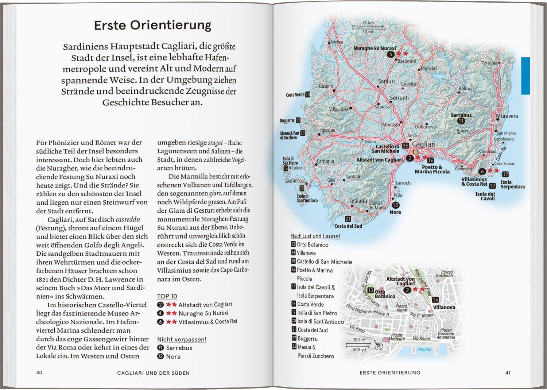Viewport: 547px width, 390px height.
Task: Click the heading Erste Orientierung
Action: pyautogui.click(x=152, y=25)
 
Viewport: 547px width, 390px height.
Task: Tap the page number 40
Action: pyautogui.click(x=39, y=372)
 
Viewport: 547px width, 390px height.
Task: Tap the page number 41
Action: pyautogui.click(x=508, y=372)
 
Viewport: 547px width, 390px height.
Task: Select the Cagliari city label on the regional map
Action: pyautogui.click(x=423, y=144)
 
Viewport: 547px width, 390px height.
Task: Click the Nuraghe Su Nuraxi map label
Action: pyautogui.click(x=375, y=48)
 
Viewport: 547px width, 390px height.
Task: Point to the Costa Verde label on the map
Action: pyautogui.click(x=295, y=95)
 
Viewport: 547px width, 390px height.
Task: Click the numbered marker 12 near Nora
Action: pyautogui.click(x=395, y=205)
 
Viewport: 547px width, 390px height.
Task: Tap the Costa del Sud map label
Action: pyautogui.click(x=348, y=226)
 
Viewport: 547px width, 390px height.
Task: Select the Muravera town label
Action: pyautogui.click(x=507, y=116)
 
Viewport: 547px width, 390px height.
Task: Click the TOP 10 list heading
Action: pyautogui.click(x=167, y=296)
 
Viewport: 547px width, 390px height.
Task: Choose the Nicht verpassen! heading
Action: pyautogui.click(x=182, y=339)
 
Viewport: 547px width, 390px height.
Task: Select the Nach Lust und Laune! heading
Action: pyautogui.click(x=315, y=236)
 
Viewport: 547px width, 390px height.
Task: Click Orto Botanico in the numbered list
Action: pyautogui.click(x=313, y=245)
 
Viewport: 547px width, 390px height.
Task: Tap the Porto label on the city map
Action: pyautogui.click(x=424, y=350)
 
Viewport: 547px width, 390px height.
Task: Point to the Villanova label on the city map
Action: pyautogui.click(x=444, y=307)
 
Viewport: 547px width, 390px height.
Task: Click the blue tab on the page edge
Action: pyautogui.click(x=525, y=76)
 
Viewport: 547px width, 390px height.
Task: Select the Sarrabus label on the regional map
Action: pyautogui.click(x=461, y=115)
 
